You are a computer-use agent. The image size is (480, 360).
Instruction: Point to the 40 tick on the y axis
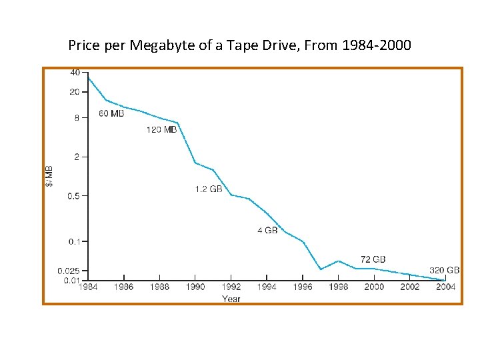75,72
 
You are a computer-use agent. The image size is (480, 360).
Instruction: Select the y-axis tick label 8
77,118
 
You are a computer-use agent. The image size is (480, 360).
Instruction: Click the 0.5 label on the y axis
73,196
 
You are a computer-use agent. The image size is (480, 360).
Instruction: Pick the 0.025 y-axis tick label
69,271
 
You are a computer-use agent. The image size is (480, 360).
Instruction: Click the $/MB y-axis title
51,176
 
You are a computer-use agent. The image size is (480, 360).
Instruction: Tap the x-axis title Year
231,299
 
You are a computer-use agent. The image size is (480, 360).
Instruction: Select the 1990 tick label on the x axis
195,287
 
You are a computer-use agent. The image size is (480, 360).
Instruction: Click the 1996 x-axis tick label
303,287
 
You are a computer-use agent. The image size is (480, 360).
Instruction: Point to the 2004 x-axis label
445,287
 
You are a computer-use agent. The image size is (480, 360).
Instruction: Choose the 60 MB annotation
111,114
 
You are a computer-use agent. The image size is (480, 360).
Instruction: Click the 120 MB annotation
161,130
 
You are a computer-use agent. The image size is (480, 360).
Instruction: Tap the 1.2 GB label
209,189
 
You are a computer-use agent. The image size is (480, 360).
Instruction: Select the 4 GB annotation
267,231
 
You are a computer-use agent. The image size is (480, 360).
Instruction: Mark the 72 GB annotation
373,259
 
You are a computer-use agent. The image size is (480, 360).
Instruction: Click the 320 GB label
444,271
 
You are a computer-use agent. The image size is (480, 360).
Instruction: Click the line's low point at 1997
321,269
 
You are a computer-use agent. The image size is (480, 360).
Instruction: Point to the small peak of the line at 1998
339,261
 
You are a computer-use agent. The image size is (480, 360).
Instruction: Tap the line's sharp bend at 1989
178,123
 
